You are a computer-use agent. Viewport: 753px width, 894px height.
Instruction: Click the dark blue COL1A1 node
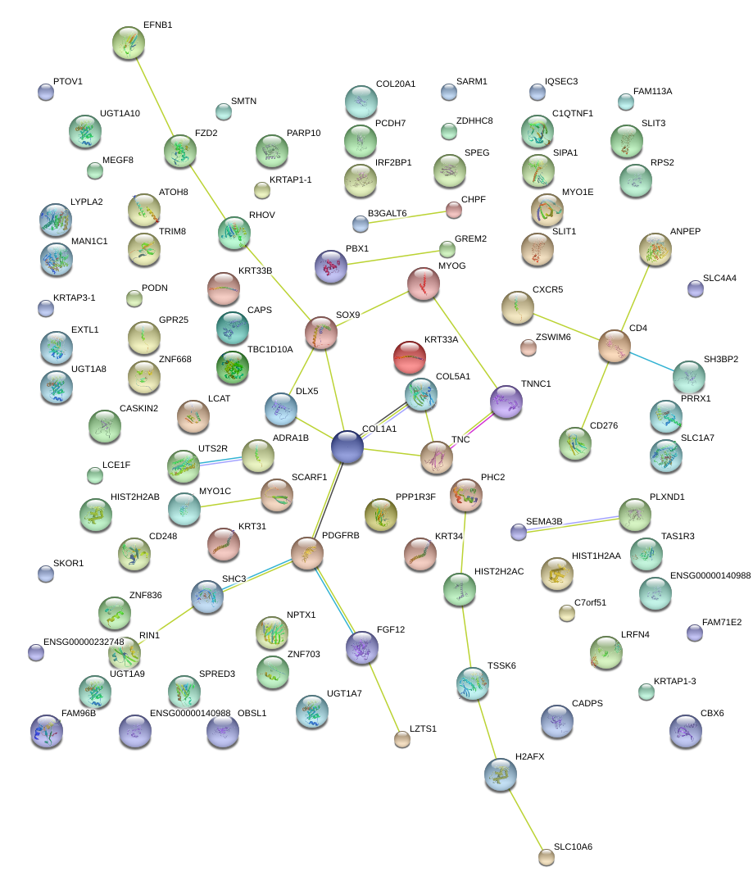pos(347,447)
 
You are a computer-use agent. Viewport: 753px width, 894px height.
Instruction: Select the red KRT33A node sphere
pos(410,357)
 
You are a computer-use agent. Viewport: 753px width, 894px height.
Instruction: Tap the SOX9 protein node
pos(321,333)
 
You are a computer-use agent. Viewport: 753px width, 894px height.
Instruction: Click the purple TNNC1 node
pos(506,402)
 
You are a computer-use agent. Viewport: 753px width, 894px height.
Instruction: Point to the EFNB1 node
pos(129,43)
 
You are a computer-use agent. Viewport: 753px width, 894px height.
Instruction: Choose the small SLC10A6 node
pos(546,857)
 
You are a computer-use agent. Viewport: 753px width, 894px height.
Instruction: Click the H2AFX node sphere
pos(501,774)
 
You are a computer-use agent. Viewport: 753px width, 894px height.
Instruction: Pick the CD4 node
pos(615,346)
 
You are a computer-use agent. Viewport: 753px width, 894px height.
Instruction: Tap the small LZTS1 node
pos(402,739)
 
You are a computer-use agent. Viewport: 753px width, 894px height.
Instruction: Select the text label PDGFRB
pos(340,535)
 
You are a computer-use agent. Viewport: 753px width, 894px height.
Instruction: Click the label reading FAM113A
pos(653,91)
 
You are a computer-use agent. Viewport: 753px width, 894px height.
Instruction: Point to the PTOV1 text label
pos(68,81)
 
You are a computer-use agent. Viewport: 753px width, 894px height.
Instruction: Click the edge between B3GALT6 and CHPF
pos(407,218)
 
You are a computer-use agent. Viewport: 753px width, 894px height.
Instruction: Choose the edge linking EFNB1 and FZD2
pos(155,97)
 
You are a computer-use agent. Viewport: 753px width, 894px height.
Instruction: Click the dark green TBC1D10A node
pos(233,367)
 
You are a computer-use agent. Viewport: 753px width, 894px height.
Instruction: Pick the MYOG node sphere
pos(424,284)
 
